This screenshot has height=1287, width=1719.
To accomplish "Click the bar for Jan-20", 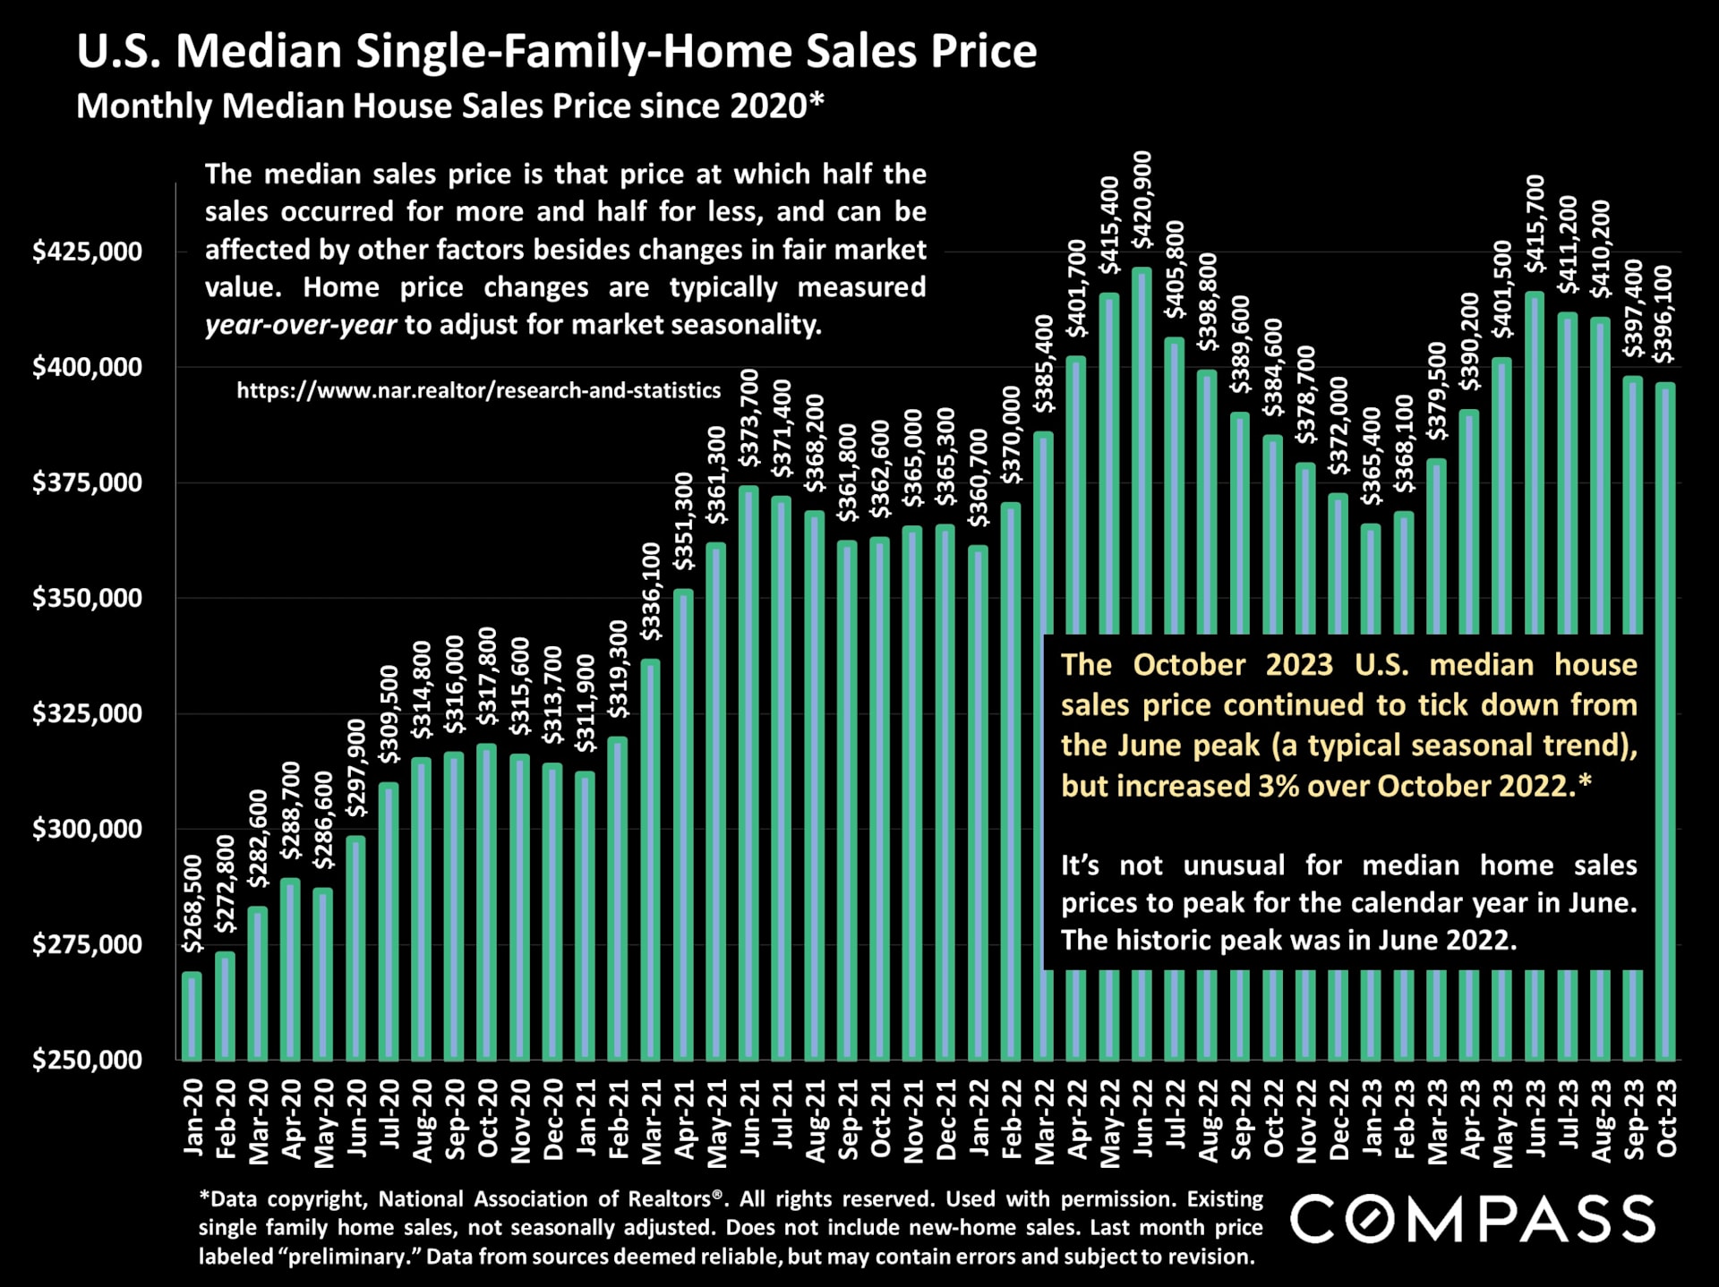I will tap(192, 1016).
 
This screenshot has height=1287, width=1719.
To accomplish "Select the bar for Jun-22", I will tap(1142, 447).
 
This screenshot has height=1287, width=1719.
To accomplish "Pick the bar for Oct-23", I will tap(1665, 716).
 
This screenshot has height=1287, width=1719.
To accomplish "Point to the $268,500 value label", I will tap(192, 902).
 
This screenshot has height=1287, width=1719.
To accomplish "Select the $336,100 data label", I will tap(651, 592).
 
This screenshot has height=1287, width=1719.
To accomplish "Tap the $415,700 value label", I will tap(1535, 224).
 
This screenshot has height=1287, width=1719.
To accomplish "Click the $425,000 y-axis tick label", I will tap(87, 251).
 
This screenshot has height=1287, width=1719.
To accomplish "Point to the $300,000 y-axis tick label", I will tap(87, 829).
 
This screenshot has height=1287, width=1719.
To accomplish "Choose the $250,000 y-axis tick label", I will tap(87, 1060).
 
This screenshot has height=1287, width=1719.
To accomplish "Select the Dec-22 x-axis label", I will tap(1338, 1120).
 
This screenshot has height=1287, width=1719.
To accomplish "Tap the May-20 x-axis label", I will tap(323, 1122).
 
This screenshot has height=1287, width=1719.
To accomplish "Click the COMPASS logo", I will tap(1473, 1219).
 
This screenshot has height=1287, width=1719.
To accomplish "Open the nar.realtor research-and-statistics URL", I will tap(478, 390).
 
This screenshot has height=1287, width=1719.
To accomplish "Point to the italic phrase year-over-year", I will tap(300, 324).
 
